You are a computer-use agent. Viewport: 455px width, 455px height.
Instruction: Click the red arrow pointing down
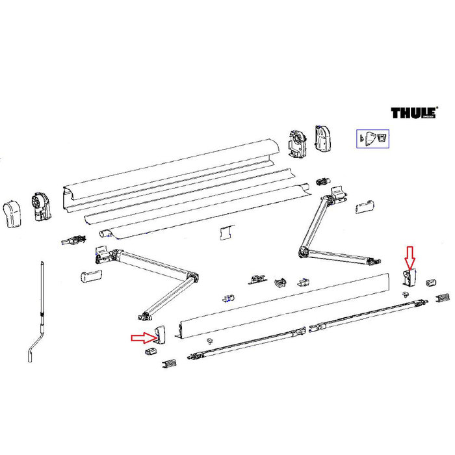(408, 256)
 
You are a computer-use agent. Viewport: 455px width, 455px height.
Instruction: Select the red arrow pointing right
(141, 337)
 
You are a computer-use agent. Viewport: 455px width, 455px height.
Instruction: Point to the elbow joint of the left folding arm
(192, 279)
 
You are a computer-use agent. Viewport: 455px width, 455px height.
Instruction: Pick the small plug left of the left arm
(90, 276)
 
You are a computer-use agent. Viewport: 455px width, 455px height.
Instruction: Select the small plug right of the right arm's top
(365, 205)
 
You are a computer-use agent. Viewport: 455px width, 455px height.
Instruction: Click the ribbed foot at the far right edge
(443, 298)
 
